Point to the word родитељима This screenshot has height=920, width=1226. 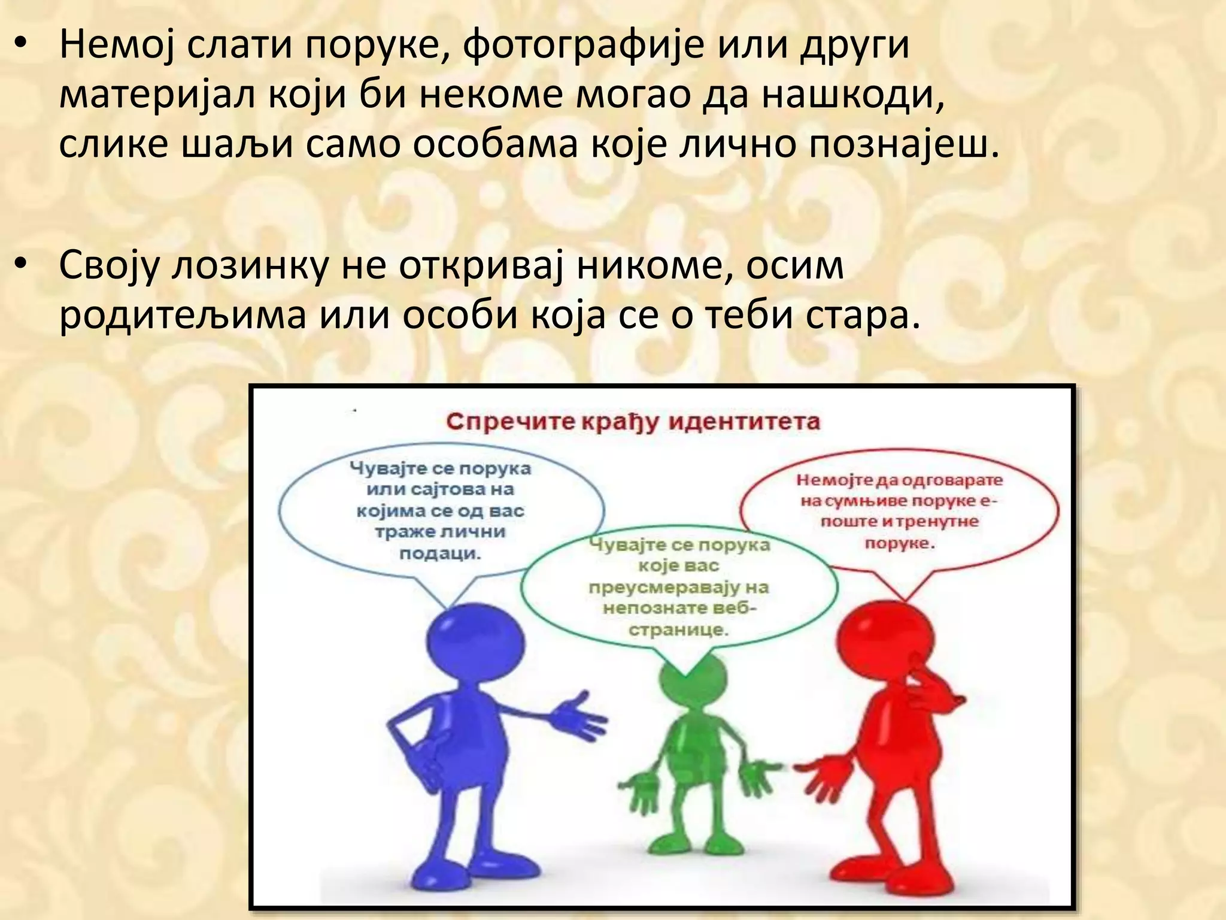click(183, 314)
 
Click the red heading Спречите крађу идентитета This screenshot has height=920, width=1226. click(633, 422)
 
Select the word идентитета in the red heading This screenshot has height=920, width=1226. click(744, 422)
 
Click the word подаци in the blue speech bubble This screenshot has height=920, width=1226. click(440, 553)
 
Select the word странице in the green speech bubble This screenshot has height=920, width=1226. click(678, 630)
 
